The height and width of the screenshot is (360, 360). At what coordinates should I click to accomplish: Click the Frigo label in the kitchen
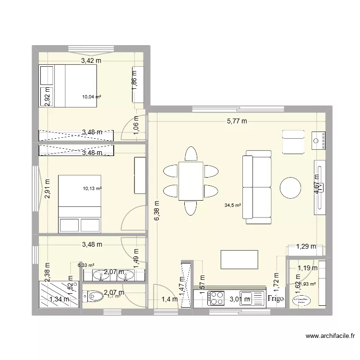click(x=276, y=299)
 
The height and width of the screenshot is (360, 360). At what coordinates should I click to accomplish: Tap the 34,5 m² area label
click(x=232, y=205)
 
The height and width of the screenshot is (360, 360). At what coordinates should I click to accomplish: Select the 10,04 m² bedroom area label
click(x=91, y=96)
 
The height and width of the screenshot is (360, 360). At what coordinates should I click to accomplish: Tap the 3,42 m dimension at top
click(x=91, y=61)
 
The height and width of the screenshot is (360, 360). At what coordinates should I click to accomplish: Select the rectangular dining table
click(x=191, y=180)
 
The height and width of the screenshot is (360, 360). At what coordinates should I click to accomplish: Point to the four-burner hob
click(x=216, y=299)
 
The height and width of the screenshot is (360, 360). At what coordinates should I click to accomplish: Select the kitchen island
click(x=240, y=260)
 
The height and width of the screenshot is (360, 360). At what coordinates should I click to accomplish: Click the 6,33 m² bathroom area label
click(x=86, y=264)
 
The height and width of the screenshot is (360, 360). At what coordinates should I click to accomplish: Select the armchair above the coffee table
click(x=293, y=142)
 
